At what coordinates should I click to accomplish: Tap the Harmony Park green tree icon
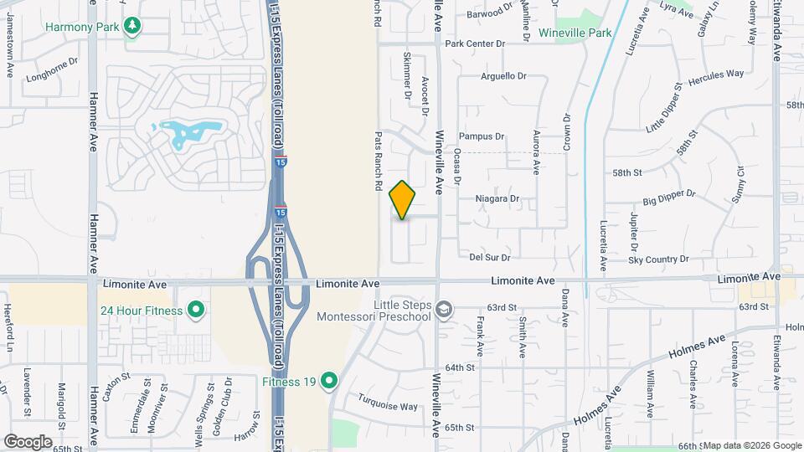[x=131, y=26]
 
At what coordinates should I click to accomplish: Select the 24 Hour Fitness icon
[x=196, y=311]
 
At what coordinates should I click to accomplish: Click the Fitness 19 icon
[x=329, y=382]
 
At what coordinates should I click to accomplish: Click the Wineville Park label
[x=575, y=33]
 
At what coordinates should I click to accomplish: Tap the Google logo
[x=28, y=441]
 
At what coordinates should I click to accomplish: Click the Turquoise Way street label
[x=388, y=404]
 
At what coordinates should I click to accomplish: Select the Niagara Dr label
[x=497, y=199]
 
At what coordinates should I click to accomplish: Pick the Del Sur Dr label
[x=490, y=257]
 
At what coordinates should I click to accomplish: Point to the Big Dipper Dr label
[x=669, y=198]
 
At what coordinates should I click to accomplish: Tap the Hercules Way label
[x=715, y=74]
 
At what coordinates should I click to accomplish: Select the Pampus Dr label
[x=482, y=136]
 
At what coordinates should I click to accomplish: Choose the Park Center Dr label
[x=475, y=44]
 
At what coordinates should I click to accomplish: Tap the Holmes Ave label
[x=692, y=347]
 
